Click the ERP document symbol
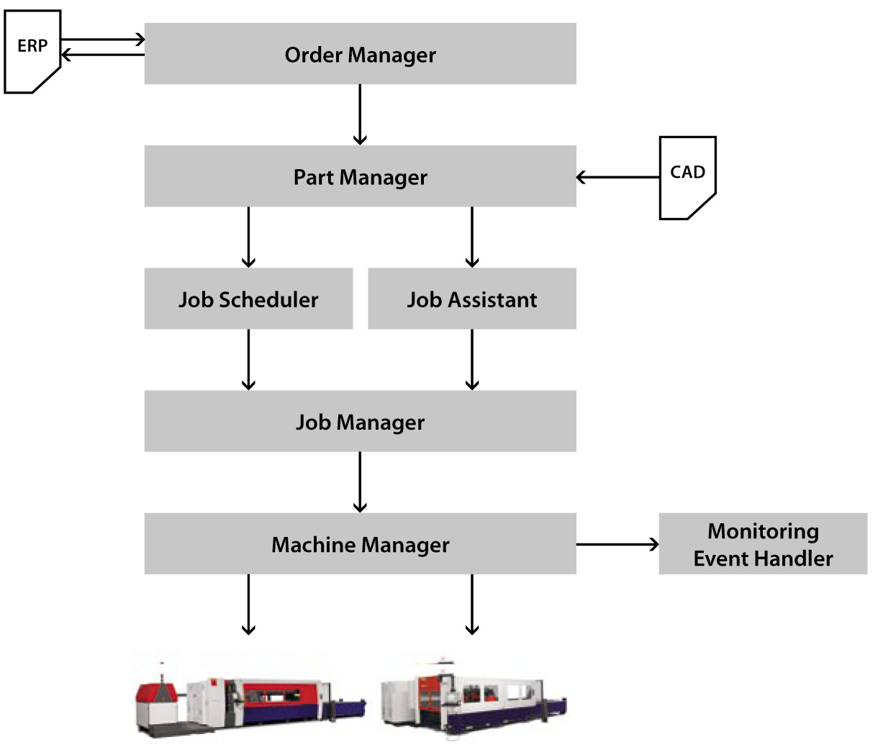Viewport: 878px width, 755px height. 32,52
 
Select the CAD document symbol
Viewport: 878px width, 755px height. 687,177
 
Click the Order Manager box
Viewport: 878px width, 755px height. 360,54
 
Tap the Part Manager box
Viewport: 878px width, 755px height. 360,176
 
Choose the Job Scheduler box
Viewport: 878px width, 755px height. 248,299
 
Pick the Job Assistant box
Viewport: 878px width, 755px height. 471,299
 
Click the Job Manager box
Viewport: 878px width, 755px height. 360,421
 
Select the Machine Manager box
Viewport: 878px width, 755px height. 360,543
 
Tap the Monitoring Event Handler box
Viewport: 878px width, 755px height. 763,543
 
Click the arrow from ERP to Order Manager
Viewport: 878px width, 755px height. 103,40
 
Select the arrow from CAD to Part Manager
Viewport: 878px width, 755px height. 617,177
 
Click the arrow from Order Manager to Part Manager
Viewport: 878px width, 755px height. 360,114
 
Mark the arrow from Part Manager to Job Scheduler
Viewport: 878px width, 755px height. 248,237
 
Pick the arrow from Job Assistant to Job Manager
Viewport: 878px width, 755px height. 471,359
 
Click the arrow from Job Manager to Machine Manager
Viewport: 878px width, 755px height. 360,482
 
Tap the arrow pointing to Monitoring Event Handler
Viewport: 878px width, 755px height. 617,545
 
